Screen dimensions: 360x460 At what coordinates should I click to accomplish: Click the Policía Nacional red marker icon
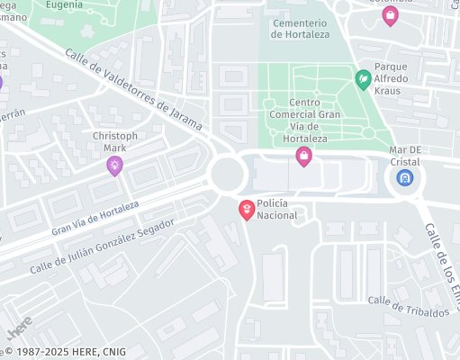click(x=246, y=210)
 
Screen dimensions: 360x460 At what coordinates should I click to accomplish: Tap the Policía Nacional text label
click(x=277, y=210)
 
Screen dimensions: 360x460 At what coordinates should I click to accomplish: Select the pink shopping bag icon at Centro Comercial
click(x=304, y=157)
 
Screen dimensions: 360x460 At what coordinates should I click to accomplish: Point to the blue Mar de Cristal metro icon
click(x=405, y=177)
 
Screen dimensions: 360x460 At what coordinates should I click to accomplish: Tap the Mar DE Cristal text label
click(x=406, y=154)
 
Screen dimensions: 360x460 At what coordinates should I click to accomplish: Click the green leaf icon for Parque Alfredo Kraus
click(x=364, y=79)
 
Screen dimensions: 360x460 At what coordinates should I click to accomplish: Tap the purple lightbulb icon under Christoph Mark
click(x=114, y=165)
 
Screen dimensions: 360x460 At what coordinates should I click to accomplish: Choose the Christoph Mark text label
click(x=116, y=141)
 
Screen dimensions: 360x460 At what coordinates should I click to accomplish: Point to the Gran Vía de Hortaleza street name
click(x=95, y=218)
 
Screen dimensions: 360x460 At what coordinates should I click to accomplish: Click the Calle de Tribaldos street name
click(x=408, y=306)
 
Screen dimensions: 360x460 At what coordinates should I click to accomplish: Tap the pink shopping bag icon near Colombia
click(x=390, y=15)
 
